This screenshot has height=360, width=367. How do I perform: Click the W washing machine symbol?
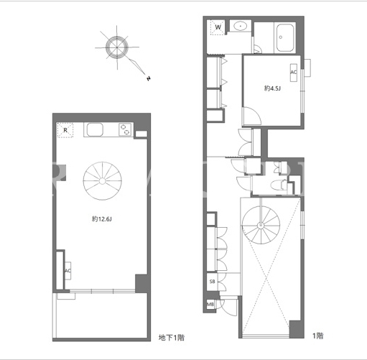click(218, 27)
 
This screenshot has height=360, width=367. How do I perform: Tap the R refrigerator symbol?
click(65, 130)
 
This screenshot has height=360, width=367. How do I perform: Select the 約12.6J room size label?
click(102, 219)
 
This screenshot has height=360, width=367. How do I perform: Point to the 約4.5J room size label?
click(272, 88)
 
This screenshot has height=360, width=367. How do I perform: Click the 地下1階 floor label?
click(172, 338)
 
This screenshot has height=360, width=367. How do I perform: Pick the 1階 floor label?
click(318, 336)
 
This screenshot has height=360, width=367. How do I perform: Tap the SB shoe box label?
click(213, 282)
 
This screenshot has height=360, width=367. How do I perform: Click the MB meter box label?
click(210, 305)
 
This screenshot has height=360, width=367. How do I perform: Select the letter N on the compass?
click(149, 78)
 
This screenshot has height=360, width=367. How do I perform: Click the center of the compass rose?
click(117, 47)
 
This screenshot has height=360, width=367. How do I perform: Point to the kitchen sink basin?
click(95, 130)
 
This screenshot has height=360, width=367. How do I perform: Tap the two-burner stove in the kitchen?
click(125, 129)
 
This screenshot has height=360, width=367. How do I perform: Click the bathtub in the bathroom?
click(285, 37)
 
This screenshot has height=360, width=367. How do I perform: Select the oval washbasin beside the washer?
click(241, 26)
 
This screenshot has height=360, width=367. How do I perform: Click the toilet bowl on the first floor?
click(277, 185)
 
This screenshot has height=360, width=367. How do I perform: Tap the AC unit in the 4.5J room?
click(294, 73)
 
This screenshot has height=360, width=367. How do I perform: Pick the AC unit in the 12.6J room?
click(68, 271)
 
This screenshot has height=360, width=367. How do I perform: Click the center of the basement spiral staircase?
click(102, 181)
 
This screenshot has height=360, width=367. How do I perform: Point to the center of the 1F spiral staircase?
click(261, 225)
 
